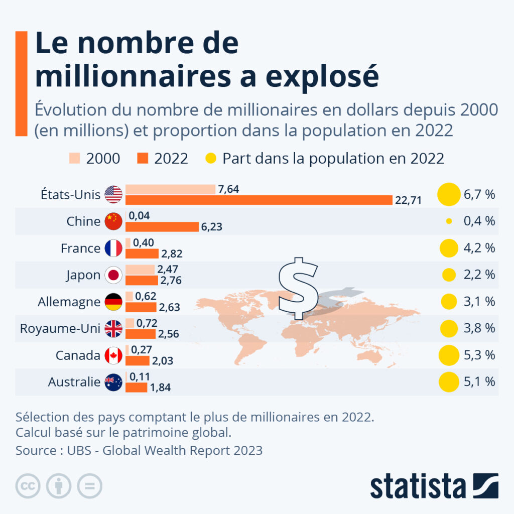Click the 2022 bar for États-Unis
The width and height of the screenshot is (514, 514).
point(259,200)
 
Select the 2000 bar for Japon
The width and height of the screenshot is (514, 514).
point(140,270)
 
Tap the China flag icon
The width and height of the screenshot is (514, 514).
point(113,221)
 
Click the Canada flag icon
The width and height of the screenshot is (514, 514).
point(113,355)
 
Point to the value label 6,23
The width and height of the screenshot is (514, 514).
point(211,227)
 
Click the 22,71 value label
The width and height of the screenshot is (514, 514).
point(408,200)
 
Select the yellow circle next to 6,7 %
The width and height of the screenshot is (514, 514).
point(449,194)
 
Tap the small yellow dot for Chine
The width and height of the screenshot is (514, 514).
point(449,221)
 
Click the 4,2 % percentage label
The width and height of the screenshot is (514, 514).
point(479,248)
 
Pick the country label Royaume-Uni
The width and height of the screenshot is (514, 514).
point(60,328)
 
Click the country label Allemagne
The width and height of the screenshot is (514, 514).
point(69,302)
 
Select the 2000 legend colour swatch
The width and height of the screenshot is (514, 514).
point(74,158)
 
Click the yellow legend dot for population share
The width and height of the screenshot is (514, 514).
point(211,158)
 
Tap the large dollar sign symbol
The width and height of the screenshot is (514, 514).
point(298,289)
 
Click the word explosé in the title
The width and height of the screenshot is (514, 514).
point(322,76)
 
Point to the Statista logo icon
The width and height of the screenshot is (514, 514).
point(486,486)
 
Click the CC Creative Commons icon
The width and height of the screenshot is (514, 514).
point(28,486)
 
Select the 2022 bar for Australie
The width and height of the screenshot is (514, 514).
point(137,388)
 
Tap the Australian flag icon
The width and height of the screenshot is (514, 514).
point(113,382)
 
